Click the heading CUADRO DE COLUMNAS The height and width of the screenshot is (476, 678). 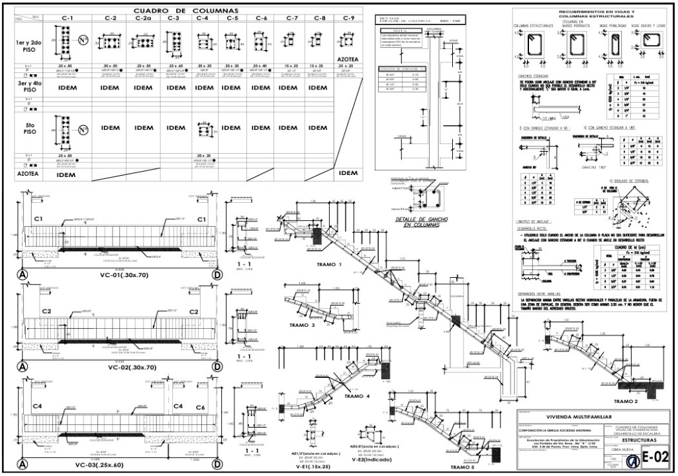(x=186, y=10)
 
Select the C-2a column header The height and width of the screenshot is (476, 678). (x=144, y=18)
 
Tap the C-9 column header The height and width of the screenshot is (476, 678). (x=348, y=18)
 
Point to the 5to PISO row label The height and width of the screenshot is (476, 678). (x=28, y=131)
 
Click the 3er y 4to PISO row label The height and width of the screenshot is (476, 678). (x=28, y=87)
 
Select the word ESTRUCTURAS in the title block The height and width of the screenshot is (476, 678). (x=634, y=440)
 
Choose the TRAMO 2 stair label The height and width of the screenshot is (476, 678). (x=625, y=401)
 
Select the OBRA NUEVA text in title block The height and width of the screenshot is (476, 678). (x=624, y=449)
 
